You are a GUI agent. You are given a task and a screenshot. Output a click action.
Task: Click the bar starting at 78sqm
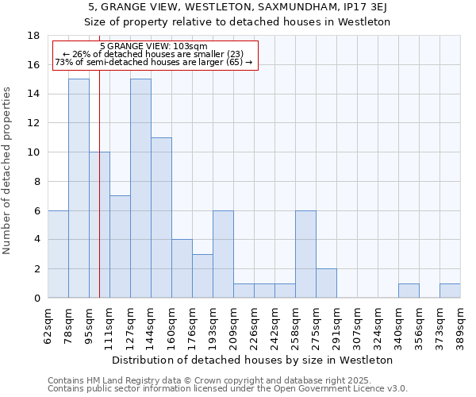pyautogui.click(x=79, y=188)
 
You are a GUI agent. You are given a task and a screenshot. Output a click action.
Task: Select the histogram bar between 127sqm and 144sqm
pyautogui.click(x=140, y=188)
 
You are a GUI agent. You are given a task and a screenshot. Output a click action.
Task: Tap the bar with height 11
pyautogui.click(x=161, y=218)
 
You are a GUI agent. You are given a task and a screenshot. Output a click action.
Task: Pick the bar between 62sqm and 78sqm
pyautogui.click(x=58, y=254)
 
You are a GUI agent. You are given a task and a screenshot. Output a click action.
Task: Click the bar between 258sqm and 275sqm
pyautogui.click(x=305, y=254)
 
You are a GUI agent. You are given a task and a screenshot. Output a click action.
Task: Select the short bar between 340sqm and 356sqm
pyautogui.click(x=409, y=291)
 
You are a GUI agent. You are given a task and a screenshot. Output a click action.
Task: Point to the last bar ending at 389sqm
pyautogui.click(x=450, y=291)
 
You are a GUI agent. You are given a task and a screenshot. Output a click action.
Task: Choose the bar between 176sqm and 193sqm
pyautogui.click(x=202, y=276)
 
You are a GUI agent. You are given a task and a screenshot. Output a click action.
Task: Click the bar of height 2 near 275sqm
pyautogui.click(x=326, y=283)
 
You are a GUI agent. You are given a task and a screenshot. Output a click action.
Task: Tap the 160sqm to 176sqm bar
pyautogui.click(x=182, y=269)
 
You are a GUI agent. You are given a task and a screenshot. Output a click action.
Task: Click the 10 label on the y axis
pyautogui.click(x=33, y=152)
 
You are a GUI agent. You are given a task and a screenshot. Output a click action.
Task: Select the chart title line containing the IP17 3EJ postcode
pyautogui.click(x=238, y=7)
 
